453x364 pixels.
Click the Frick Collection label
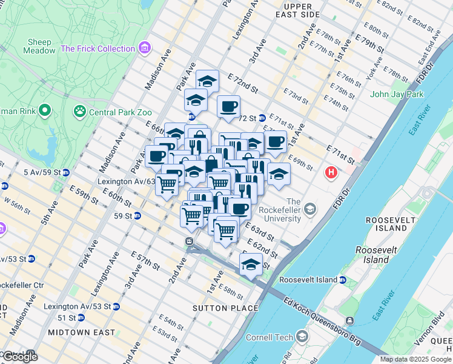pyautogui.click(x=98, y=49)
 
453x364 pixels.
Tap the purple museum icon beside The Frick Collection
pyautogui.click(x=144, y=47)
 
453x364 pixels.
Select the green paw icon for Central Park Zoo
pyautogui.click(x=79, y=111)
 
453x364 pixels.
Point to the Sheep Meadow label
pyautogui.click(x=39, y=46)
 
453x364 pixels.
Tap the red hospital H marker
pyautogui.click(x=331, y=173)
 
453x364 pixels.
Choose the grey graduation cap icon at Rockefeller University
pyautogui.click(x=310, y=209)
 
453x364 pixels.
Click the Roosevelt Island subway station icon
pyautogui.click(x=343, y=280)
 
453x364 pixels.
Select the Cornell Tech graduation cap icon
pyautogui.click(x=303, y=337)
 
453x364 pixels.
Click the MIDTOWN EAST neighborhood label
pyautogui.click(x=81, y=332)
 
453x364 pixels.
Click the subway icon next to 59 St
pyautogui.click(x=137, y=215)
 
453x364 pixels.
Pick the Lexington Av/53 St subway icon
pyautogui.click(x=116, y=306)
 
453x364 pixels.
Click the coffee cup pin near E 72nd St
pyautogui.click(x=228, y=107)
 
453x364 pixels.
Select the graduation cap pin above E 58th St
pyautogui.click(x=251, y=265)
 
